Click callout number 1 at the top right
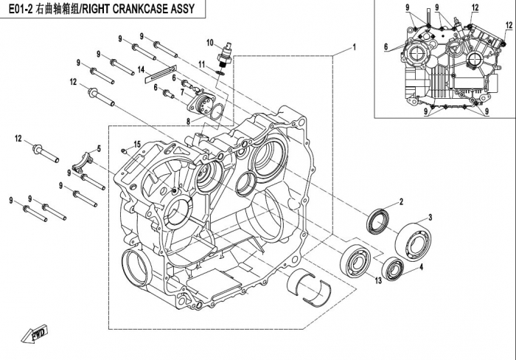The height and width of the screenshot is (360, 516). click(x=354, y=47)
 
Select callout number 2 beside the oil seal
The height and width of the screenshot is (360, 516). click(x=401, y=201)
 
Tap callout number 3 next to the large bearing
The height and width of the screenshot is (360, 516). click(x=430, y=218)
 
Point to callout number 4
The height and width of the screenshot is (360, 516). click(x=421, y=269)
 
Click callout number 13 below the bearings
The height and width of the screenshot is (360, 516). click(x=376, y=280)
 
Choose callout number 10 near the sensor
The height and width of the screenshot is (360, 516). click(x=209, y=41)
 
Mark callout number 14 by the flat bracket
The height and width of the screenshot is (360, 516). click(x=140, y=69)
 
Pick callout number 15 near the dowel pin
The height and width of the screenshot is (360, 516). click(x=136, y=143)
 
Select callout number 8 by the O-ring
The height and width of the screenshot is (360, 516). click(x=190, y=119)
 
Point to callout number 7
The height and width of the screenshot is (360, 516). click(x=182, y=92)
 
